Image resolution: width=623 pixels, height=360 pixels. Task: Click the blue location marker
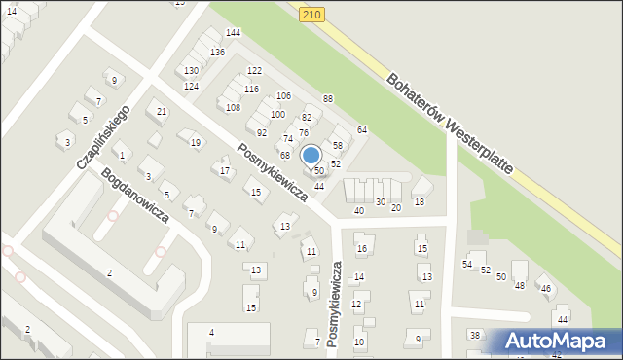tap(311, 155)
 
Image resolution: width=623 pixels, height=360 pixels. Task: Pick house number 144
tap(233, 33)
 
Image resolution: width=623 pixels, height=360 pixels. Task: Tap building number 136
tap(217, 52)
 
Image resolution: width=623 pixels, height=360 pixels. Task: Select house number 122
tap(254, 71)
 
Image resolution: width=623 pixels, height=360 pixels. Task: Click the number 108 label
tap(233, 107)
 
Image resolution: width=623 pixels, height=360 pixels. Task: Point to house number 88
tap(328, 99)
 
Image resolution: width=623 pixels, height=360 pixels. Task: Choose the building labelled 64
tap(361, 129)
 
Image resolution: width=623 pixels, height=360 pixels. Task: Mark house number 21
tap(162, 112)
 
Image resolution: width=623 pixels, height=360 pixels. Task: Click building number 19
tap(196, 143)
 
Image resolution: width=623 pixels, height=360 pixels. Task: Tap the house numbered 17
tap(225, 171)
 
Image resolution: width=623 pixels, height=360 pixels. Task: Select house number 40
tap(358, 210)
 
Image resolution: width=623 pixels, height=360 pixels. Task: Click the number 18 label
tap(419, 201)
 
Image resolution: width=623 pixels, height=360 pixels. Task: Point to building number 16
tap(362, 249)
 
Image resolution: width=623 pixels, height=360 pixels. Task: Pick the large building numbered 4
tap(211, 334)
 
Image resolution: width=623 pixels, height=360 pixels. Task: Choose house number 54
tap(467, 265)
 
